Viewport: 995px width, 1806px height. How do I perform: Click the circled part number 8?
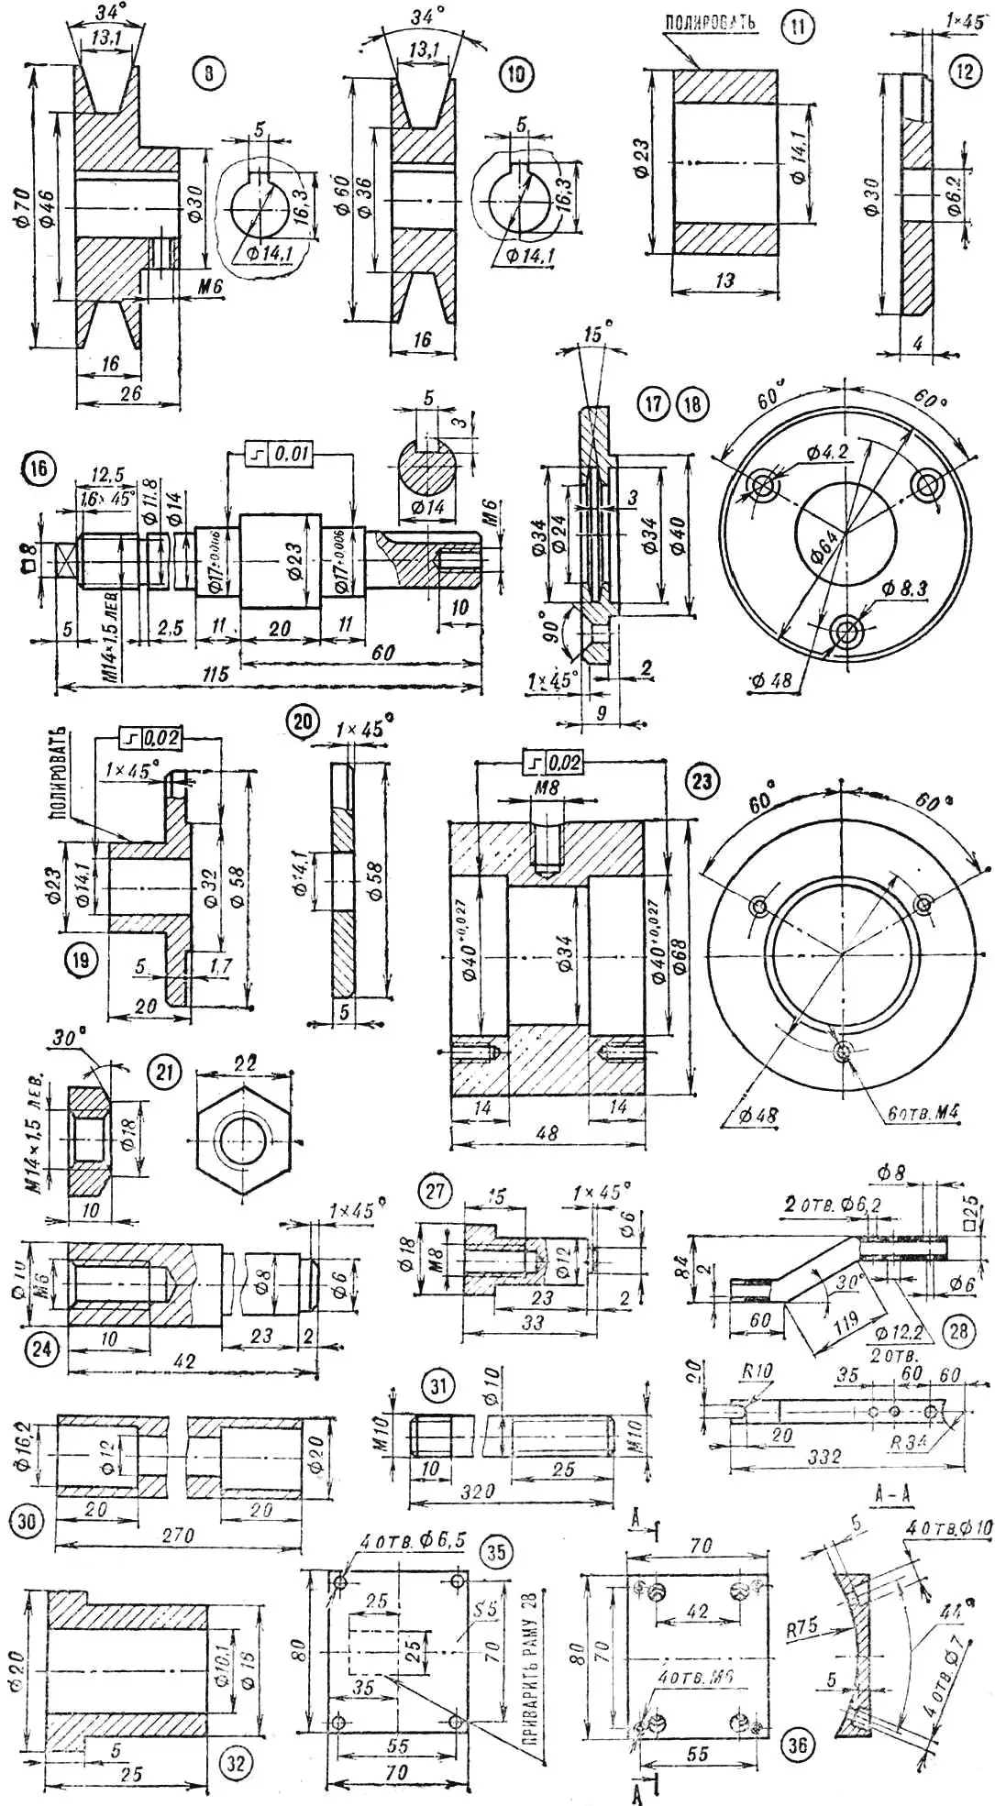point(209,72)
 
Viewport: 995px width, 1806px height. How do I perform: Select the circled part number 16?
point(38,469)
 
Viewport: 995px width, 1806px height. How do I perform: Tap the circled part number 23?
point(702,782)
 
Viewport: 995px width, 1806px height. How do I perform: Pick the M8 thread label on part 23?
point(547,789)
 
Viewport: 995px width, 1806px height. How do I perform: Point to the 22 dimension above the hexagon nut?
point(245,1063)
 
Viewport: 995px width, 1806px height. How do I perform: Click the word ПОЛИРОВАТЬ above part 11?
point(710,20)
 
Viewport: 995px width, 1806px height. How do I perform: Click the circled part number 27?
point(435,1191)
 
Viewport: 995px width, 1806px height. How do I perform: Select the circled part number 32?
point(236,1762)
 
